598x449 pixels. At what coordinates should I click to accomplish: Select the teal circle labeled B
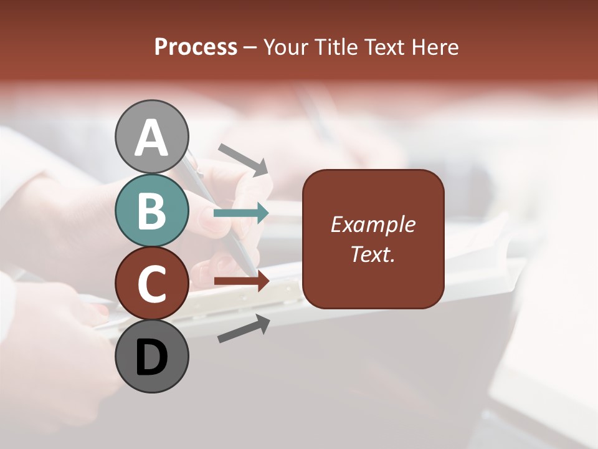tap(151, 210)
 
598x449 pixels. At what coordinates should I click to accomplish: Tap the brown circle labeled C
tap(151, 283)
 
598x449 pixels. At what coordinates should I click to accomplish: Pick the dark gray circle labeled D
tap(151, 356)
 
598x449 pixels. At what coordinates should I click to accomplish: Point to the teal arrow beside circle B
tap(241, 213)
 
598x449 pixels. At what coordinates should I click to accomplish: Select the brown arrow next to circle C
tap(242, 281)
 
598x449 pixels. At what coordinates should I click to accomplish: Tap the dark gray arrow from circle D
tap(244, 329)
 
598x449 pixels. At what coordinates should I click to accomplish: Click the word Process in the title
tap(196, 47)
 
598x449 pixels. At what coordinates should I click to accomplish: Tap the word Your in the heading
tap(286, 47)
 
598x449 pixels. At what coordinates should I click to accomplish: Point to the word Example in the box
tap(373, 224)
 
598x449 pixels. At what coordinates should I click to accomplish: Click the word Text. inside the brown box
tap(373, 254)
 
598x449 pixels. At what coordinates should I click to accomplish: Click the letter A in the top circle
tap(151, 138)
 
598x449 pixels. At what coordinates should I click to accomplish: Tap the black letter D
tap(151, 358)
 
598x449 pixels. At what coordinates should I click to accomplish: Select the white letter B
tap(151, 211)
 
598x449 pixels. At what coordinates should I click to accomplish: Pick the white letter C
tap(151, 284)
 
